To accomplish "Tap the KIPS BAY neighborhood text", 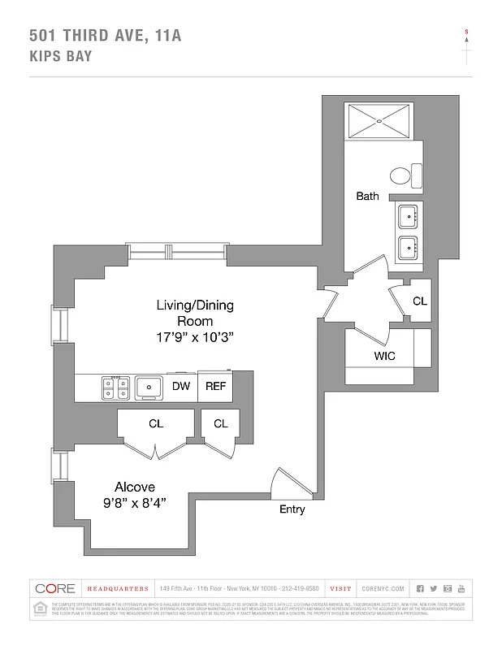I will (x=61, y=57).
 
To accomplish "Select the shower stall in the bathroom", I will (x=380, y=121).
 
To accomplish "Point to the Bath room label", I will (x=367, y=196).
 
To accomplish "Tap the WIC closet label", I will (x=384, y=356).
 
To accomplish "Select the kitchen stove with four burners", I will (x=115, y=388).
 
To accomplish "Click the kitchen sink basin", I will (x=149, y=388).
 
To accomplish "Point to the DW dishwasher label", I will (x=181, y=387).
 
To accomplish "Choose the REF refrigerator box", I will (x=215, y=387).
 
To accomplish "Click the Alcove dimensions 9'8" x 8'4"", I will (x=134, y=503).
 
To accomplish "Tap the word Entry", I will (x=292, y=509).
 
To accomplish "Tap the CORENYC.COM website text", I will (x=379, y=588).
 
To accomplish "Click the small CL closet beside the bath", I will (x=419, y=301).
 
